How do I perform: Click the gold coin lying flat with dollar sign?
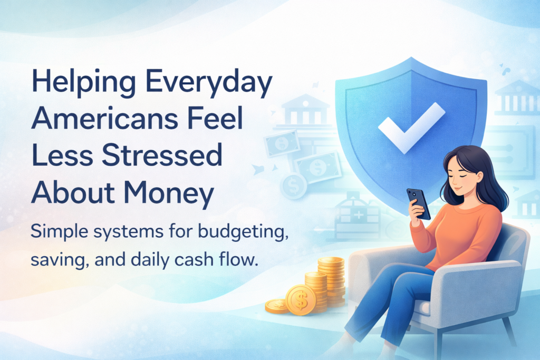click(275, 305)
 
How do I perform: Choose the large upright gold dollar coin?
click(300, 299)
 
